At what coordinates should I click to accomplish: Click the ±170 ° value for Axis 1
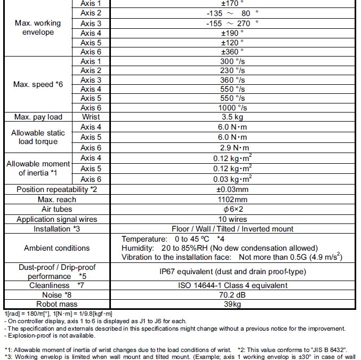pos(232,4)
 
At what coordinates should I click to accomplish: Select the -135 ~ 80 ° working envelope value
pos(232,13)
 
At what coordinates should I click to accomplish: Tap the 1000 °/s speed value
pos(232,108)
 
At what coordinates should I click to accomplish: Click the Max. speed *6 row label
pos(41,84)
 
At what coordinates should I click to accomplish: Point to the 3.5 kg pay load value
pos(232,117)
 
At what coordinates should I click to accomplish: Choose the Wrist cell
pos(91,117)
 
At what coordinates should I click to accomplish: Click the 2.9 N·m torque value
pos(232,148)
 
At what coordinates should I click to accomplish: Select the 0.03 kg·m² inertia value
pos(232,179)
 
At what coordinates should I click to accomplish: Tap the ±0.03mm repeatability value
pos(232,189)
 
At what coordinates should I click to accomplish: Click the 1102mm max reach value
pos(232,199)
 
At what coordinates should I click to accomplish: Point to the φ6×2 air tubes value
pos(232,209)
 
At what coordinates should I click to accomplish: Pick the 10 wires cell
pos(232,219)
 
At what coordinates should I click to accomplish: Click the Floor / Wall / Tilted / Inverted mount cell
pos(232,229)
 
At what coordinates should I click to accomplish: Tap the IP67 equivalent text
pos(232,271)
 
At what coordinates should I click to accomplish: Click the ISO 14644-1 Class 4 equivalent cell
pos(232,285)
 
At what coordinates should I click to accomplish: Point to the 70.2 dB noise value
pos(232,294)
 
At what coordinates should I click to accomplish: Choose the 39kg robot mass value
pos(232,304)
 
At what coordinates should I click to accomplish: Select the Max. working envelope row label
pos(41,28)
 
